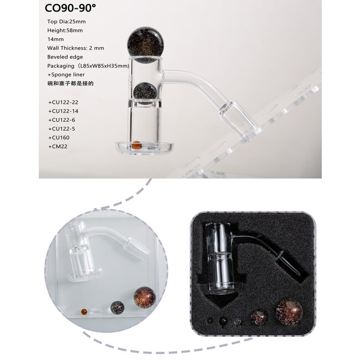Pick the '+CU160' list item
(60, 137)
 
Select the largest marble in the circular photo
(143, 297)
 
